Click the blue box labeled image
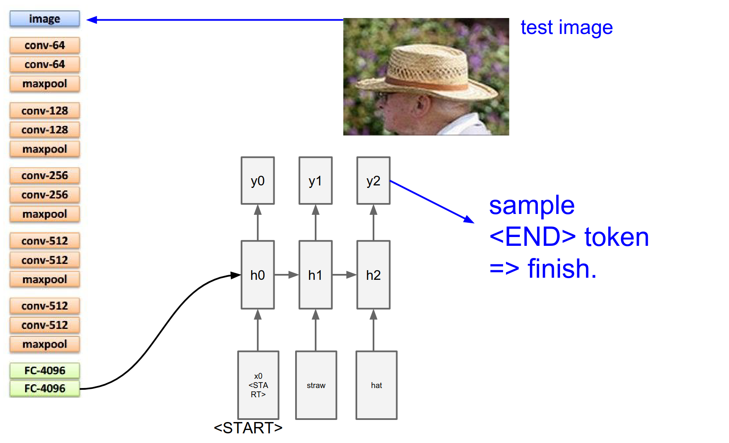[44, 19]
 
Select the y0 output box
[257, 181]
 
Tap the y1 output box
[315, 181]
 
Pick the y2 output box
[373, 181]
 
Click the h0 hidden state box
[257, 275]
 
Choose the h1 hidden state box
[315, 275]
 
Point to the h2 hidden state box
[373, 275]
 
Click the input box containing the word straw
[316, 385]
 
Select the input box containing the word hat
[376, 385]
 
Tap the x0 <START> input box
[258, 385]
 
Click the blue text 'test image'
[566, 28]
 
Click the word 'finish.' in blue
[562, 269]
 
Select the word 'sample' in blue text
[532, 206]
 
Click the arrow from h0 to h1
[286, 275]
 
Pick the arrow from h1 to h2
[344, 275]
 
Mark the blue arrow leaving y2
[432, 201]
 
